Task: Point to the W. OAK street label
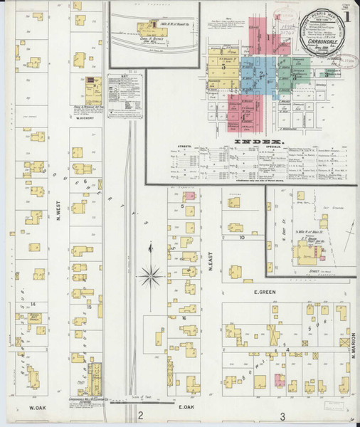[38, 408]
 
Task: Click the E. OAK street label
[187, 408]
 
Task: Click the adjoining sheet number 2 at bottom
[141, 416]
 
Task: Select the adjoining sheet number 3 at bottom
[282, 416]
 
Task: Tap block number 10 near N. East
[242, 238]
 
